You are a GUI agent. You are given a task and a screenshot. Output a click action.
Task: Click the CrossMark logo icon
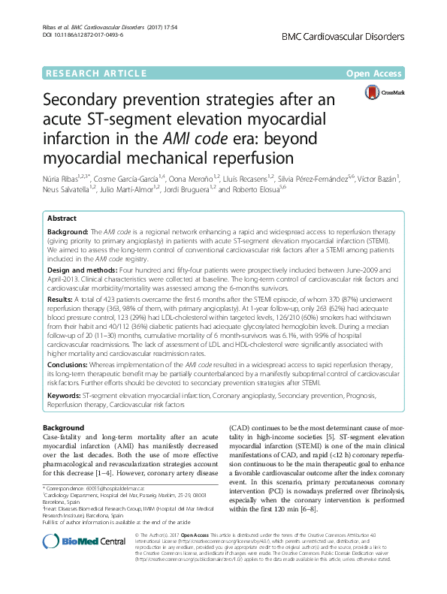(x=380, y=92)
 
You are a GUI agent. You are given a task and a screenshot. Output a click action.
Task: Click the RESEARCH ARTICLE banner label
(x=95, y=74)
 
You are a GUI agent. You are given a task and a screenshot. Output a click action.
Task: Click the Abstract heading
(x=62, y=218)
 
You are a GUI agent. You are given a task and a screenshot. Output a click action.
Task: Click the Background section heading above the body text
(x=63, y=427)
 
